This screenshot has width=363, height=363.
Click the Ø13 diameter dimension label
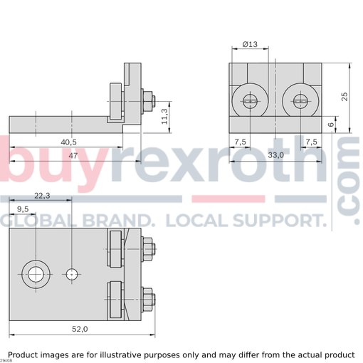pos(250,44)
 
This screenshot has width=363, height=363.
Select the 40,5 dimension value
pos(68,142)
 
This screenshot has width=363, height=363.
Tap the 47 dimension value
pos(73,156)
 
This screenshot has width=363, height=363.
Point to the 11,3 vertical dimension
pos(164,116)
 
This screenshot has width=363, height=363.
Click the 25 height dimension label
pos(344,97)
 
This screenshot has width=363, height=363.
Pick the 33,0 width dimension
pos(276,155)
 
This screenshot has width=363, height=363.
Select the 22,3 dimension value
pos(42,196)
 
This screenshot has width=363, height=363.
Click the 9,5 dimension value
pos(23,209)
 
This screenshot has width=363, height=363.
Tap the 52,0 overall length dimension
pos(80,329)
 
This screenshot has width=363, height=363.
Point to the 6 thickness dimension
pos(331,124)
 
